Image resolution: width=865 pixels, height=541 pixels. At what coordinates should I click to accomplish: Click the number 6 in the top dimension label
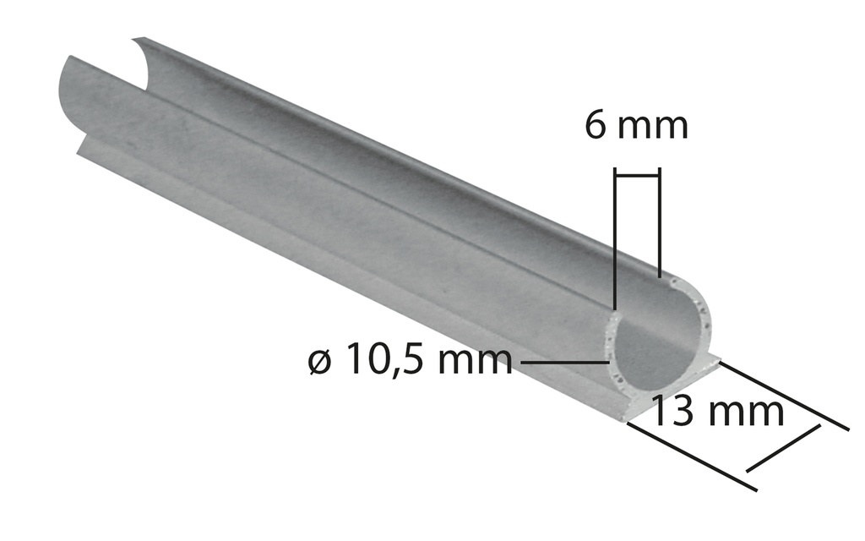coord(596,126)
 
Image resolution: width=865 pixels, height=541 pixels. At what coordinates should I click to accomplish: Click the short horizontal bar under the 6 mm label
coord(637,175)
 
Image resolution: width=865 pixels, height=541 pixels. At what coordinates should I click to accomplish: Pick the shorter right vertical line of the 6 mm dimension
coord(658,224)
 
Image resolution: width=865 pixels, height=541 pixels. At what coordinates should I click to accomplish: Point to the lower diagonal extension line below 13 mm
coord(693,456)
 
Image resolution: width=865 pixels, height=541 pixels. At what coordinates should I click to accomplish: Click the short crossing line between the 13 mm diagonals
coord(783,448)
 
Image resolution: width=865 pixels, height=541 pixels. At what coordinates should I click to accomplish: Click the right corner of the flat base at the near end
coord(718,362)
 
